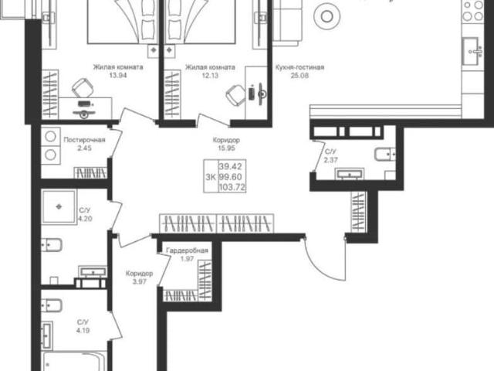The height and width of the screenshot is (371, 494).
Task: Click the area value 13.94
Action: (117, 76)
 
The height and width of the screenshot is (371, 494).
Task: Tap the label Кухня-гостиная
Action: (299, 67)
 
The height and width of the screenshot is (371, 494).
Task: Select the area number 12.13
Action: (210, 76)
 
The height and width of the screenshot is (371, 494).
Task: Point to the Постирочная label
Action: (84, 140)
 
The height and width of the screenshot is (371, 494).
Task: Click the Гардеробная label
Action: (187, 250)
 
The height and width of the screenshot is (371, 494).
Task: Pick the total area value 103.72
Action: (232, 187)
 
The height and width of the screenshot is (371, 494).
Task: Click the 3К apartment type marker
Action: (211, 177)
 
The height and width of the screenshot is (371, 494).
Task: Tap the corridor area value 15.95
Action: (226, 148)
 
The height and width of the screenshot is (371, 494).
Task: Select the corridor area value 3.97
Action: (139, 281)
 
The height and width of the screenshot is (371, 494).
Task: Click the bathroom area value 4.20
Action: (85, 218)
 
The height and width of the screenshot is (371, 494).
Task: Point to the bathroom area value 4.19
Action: (83, 331)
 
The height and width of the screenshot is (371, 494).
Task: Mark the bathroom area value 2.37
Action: (331, 160)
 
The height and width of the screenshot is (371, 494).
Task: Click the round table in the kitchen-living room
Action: (327, 16)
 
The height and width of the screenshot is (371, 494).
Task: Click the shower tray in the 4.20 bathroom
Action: (59, 207)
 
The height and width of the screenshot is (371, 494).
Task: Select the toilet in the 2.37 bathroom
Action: (385, 155)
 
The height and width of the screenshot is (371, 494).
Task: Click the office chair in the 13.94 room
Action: (83, 87)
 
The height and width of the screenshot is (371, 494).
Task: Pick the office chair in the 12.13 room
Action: (235, 95)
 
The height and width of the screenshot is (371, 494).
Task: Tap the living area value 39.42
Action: (230, 166)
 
